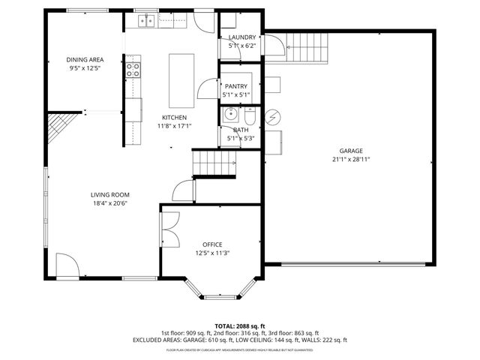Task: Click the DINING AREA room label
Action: (x=83, y=59)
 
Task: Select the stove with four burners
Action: (x=133, y=70)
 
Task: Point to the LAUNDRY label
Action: (x=241, y=37)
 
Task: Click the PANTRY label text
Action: (x=235, y=86)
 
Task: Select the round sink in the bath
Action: (x=230, y=116)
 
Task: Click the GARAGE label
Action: (x=350, y=151)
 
